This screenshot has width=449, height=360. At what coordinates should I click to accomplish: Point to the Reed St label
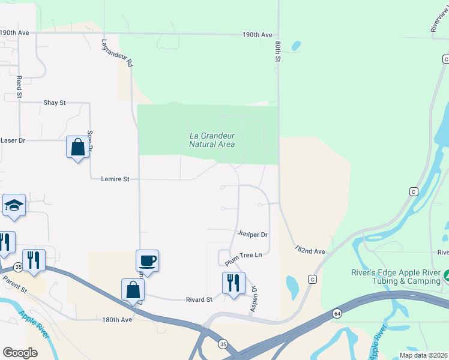[x=19, y=87]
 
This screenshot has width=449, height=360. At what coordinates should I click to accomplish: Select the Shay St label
[x=54, y=103]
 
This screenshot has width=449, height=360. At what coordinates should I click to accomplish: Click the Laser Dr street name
[x=13, y=140]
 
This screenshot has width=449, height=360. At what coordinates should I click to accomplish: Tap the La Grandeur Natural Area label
[x=212, y=140]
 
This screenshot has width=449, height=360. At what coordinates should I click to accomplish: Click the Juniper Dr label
[x=252, y=234]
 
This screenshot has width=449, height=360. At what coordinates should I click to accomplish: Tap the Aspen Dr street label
[x=254, y=298]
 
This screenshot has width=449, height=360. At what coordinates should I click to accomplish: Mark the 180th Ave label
[x=116, y=320]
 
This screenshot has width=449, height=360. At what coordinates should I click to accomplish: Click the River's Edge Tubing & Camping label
[x=396, y=277]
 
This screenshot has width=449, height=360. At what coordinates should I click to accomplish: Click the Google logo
[x=20, y=353]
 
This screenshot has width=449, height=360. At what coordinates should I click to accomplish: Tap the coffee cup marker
[x=148, y=261]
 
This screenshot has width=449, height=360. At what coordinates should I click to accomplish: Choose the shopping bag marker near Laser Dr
[x=78, y=147]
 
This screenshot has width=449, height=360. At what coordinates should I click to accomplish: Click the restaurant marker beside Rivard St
[x=233, y=282]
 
